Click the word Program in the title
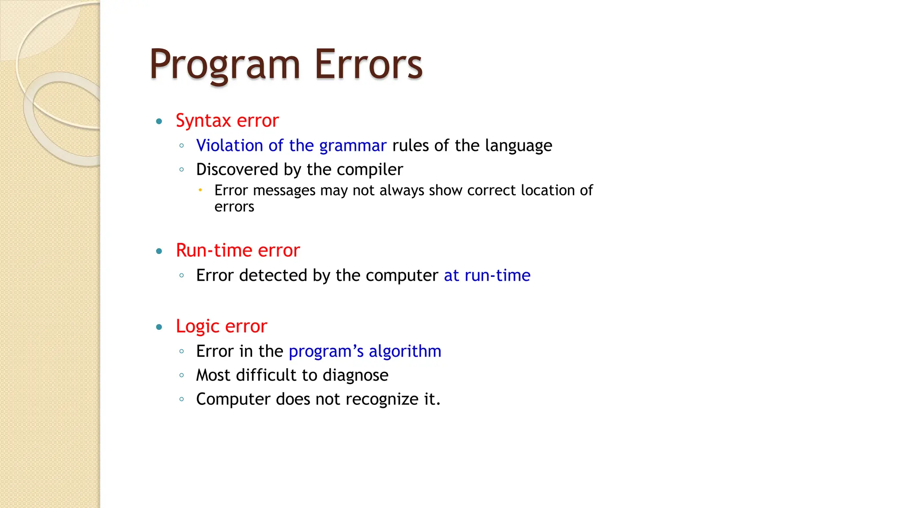point(225,65)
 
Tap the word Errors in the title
point(368,65)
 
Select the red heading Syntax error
point(227,120)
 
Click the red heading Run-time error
point(237,250)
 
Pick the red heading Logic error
point(221,326)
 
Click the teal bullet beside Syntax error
point(159,121)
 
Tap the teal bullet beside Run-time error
point(159,251)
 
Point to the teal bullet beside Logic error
point(159,327)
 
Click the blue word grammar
point(353,146)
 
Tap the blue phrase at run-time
point(487,276)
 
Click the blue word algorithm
point(405,351)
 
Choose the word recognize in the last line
point(382,400)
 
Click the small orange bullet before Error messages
point(200,190)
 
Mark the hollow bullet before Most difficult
point(181,375)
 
